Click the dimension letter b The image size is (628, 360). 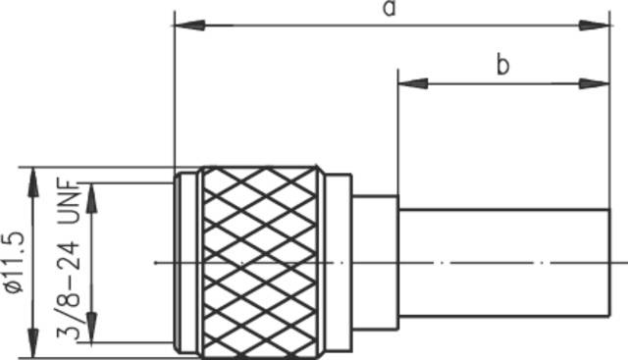[502, 66]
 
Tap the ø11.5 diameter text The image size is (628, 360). [13, 261]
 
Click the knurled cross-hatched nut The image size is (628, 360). [261, 261]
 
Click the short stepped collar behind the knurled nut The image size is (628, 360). [375, 261]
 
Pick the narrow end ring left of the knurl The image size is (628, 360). [185, 261]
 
